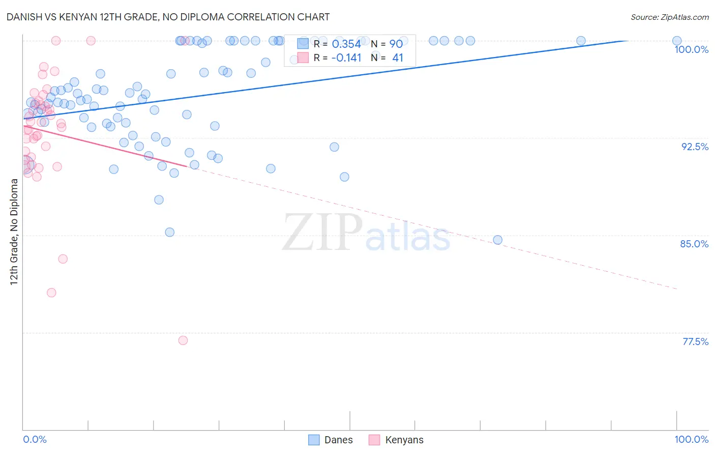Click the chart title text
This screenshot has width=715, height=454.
(168, 17)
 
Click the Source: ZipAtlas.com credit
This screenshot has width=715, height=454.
(669, 17)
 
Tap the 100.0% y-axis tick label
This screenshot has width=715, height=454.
(691, 49)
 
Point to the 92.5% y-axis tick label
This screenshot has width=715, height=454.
(695, 147)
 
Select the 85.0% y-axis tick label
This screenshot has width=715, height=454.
(694, 244)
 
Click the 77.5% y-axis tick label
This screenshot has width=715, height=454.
(695, 342)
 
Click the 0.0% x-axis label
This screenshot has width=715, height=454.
(35, 439)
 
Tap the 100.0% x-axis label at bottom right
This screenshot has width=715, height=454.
(691, 439)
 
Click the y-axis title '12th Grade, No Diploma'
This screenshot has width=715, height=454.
(14, 232)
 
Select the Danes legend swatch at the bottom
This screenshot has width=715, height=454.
(314, 440)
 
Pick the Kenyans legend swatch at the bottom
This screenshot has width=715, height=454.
(374, 440)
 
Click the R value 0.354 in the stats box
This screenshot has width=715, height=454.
(346, 44)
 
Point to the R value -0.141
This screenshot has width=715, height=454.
(346, 58)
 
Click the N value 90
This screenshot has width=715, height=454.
(396, 44)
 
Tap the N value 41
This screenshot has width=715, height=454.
(397, 58)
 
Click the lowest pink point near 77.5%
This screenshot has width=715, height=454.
(183, 340)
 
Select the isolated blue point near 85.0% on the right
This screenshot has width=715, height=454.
(498, 240)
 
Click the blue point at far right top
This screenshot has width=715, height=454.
(677, 41)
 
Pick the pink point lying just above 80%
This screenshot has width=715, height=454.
(51, 293)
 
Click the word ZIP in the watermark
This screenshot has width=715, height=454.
(322, 233)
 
